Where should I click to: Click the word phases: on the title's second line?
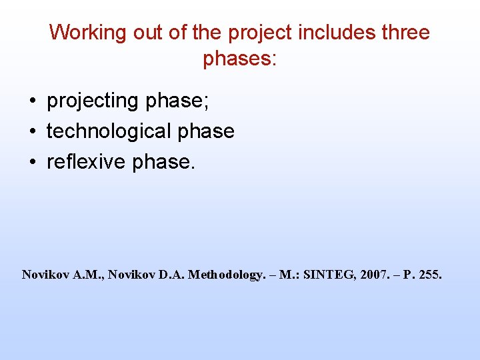click(239, 59)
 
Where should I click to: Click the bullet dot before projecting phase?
click(31, 101)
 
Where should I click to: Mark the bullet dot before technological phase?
click(31, 132)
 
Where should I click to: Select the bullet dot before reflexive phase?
click(31, 163)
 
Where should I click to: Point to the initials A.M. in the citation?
click(85, 274)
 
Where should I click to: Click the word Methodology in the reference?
click(226, 274)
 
